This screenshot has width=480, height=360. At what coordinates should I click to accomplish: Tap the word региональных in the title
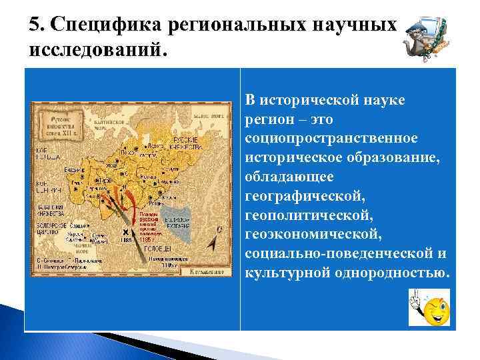tap(238, 25)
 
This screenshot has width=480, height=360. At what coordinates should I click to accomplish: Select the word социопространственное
tap(331, 137)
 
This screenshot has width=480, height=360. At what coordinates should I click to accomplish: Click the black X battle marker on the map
tap(125, 232)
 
